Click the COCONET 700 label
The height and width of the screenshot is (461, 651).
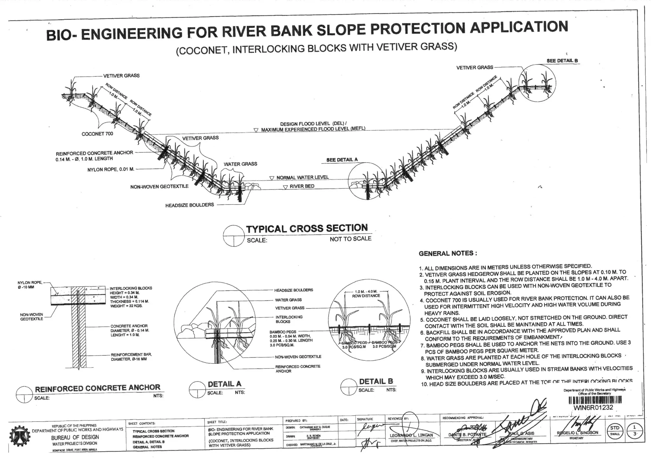(x=97, y=134)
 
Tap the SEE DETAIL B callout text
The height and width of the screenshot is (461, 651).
(x=562, y=61)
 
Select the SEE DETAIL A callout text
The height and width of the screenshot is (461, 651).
(x=342, y=160)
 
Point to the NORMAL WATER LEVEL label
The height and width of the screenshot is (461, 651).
(x=302, y=178)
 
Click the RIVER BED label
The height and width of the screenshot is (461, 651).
(x=302, y=186)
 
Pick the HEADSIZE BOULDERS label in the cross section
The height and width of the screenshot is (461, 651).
(x=189, y=205)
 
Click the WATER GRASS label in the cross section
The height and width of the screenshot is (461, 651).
(x=240, y=164)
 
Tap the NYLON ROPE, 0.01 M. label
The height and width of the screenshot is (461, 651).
(x=111, y=170)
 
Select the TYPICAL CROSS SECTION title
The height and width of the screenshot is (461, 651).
(x=307, y=228)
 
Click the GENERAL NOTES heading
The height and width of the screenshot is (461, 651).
(x=448, y=254)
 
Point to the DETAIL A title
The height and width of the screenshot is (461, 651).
(x=224, y=384)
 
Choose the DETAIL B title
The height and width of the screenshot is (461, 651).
(x=376, y=381)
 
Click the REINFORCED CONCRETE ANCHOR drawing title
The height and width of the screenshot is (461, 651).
(x=98, y=388)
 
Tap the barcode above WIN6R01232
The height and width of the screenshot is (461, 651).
(x=593, y=401)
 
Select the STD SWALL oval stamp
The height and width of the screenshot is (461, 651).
(x=615, y=430)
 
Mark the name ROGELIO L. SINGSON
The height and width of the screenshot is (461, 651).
(x=577, y=433)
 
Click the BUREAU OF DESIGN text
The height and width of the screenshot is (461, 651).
(x=75, y=437)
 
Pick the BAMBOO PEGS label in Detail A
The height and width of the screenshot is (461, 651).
(x=283, y=332)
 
